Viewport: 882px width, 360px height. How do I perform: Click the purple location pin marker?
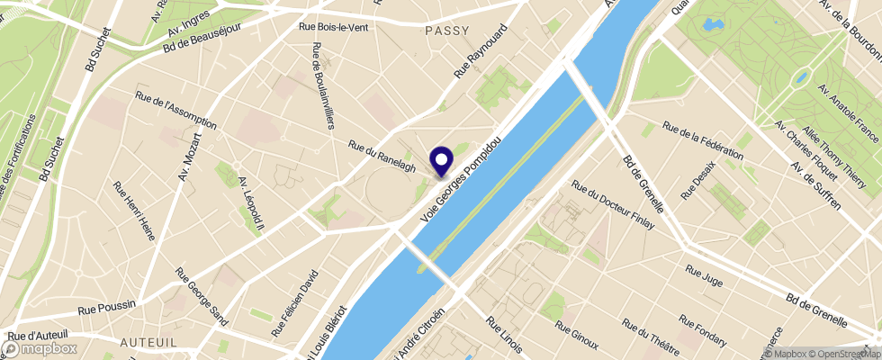pos(442,161)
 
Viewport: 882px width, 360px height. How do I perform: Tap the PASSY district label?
pos(447,31)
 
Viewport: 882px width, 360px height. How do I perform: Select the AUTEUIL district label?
pos(148,343)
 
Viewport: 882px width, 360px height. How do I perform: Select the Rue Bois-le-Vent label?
pos(332,27)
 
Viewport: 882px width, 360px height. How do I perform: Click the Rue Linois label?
pos(504,334)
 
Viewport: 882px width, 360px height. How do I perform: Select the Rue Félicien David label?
pos(296,305)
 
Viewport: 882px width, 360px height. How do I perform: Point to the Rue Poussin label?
pos(106,309)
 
